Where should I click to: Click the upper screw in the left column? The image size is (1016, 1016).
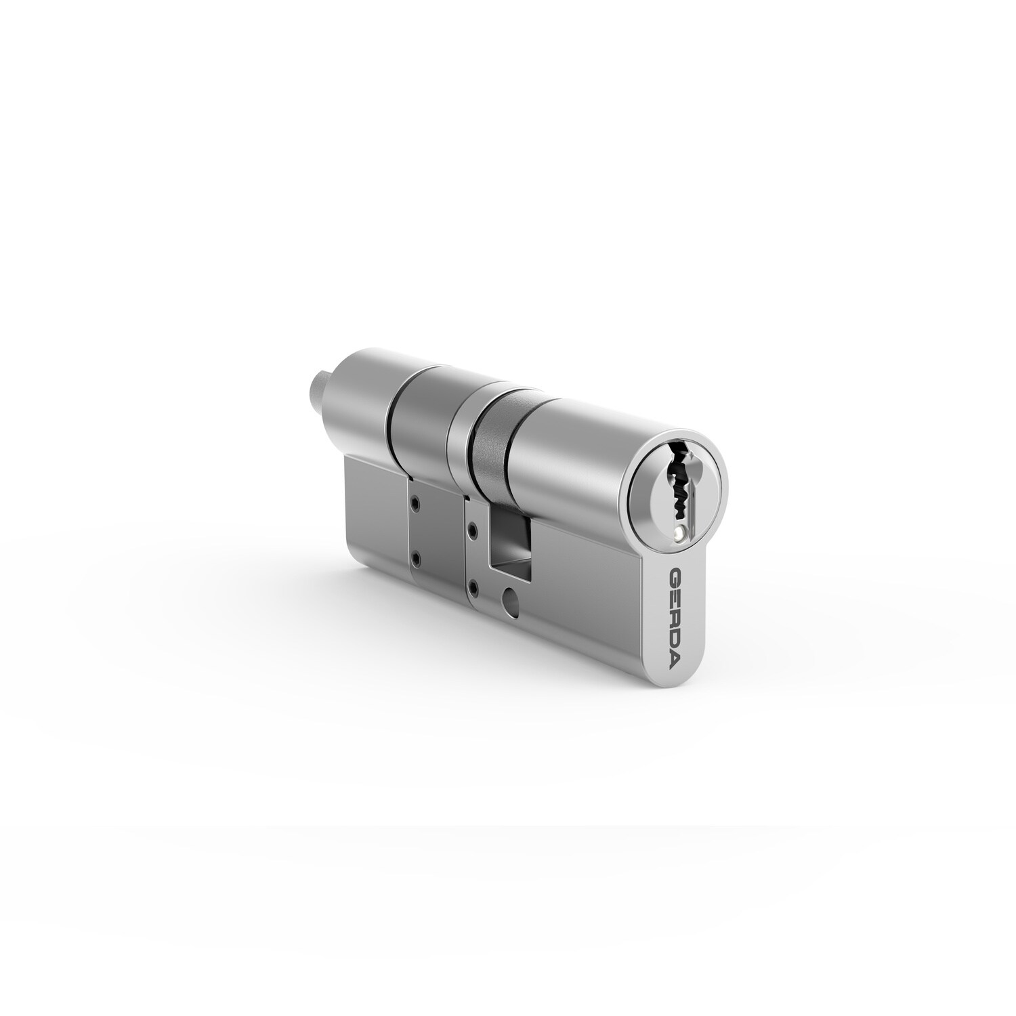(x=414, y=504)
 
